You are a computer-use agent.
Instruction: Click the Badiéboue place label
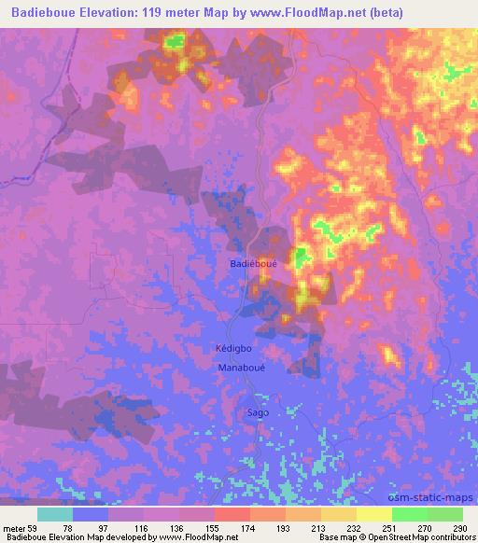(253, 264)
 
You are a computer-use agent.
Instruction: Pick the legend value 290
(457, 528)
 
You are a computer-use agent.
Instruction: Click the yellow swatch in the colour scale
(374, 514)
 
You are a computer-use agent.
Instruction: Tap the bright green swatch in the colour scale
(410, 514)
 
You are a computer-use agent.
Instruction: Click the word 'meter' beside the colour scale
(13, 528)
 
